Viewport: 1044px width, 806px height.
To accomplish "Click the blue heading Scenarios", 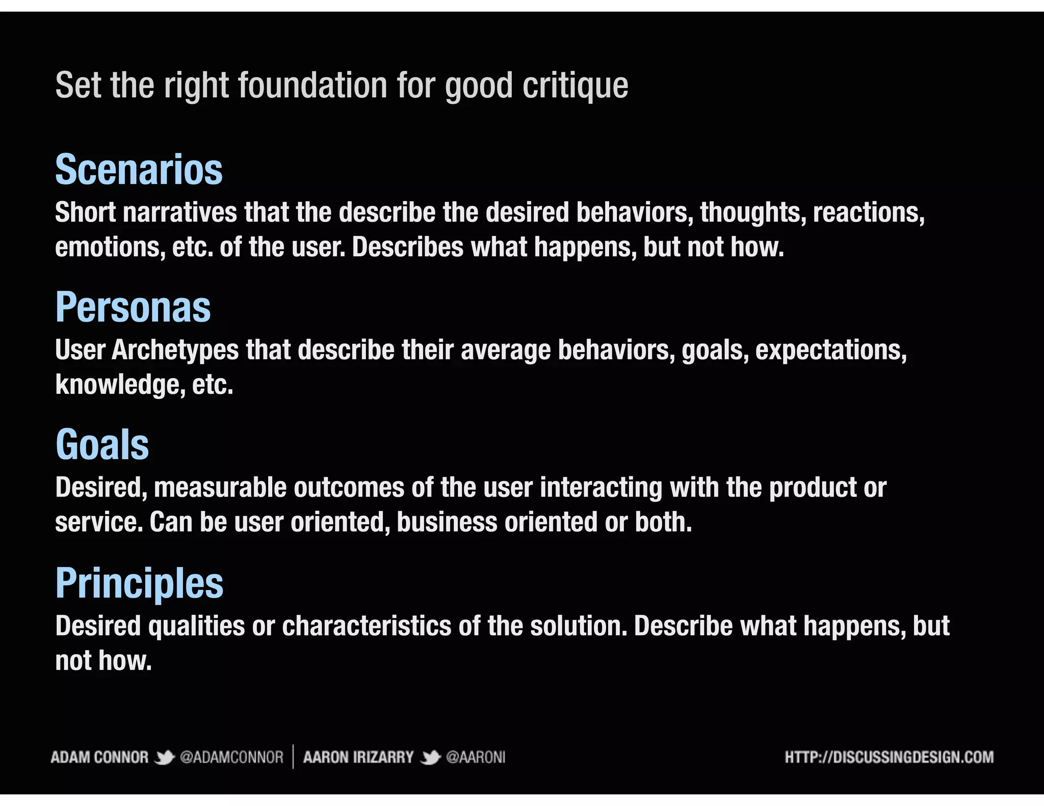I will pos(139,170).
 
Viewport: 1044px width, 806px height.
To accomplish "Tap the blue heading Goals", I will pos(102,445).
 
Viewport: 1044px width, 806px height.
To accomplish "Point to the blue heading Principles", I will pos(139,583).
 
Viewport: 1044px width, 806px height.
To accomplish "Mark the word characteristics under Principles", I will pos(367,626).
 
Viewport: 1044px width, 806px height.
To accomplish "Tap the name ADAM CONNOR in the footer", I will pos(99,758).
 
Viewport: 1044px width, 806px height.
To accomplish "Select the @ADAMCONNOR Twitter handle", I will pos(231,758).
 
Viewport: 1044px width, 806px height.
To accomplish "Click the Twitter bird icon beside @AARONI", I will pos(430,758).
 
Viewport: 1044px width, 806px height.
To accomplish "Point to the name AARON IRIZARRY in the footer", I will pos(358,758).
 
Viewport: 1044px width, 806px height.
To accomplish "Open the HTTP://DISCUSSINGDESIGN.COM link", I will pos(889,758).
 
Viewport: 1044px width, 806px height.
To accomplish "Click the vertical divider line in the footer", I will pos(293,757).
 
